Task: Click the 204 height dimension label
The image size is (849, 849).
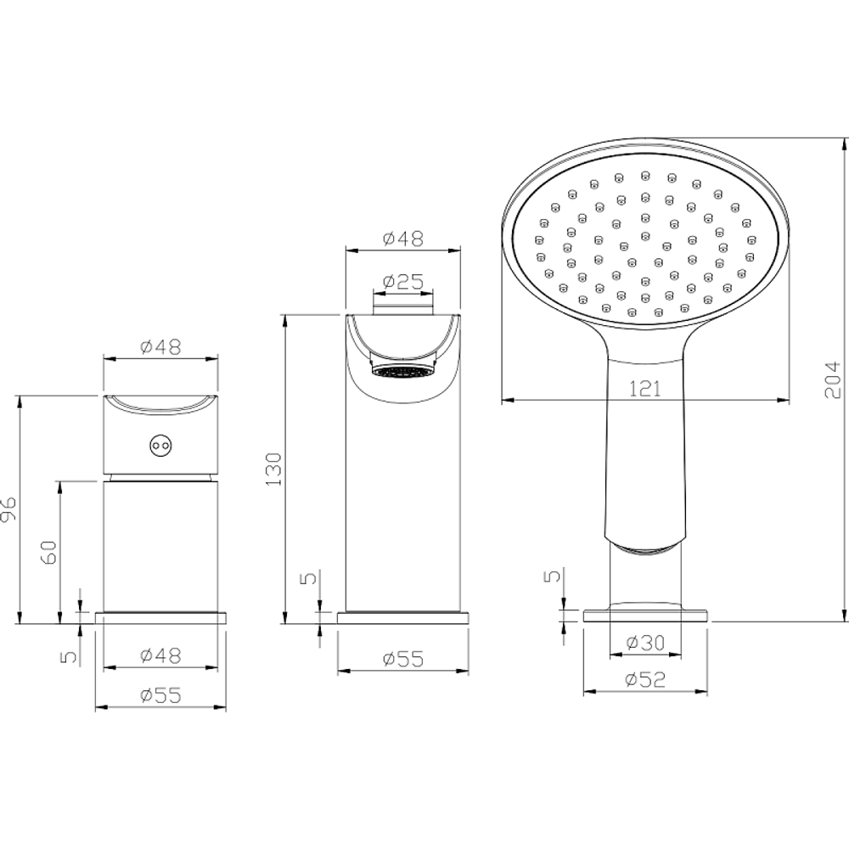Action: click(x=833, y=380)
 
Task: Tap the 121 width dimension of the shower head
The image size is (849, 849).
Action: click(x=645, y=389)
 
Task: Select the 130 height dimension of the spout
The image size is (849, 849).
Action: click(x=274, y=469)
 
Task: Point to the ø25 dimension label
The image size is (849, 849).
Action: click(x=402, y=282)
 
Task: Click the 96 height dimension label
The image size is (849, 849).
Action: click(x=9, y=509)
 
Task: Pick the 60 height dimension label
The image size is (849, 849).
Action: click(x=48, y=553)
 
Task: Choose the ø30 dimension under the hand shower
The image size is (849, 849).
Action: click(x=645, y=643)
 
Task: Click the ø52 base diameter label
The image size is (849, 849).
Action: click(x=645, y=679)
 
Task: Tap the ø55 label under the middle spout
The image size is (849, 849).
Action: click(x=402, y=659)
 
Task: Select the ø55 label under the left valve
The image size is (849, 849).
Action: click(x=160, y=695)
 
